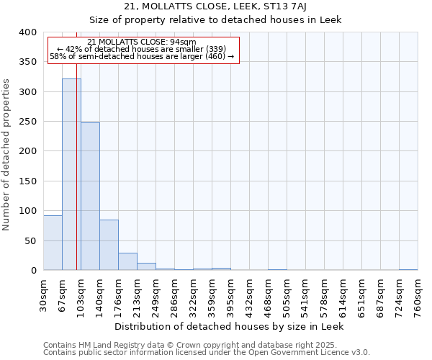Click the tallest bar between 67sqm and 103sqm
(71, 174)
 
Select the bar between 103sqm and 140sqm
(90, 197)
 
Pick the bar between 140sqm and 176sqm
(109, 245)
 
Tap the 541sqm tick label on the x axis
(306, 292)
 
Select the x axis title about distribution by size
(230, 326)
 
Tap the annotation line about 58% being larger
(142, 56)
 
